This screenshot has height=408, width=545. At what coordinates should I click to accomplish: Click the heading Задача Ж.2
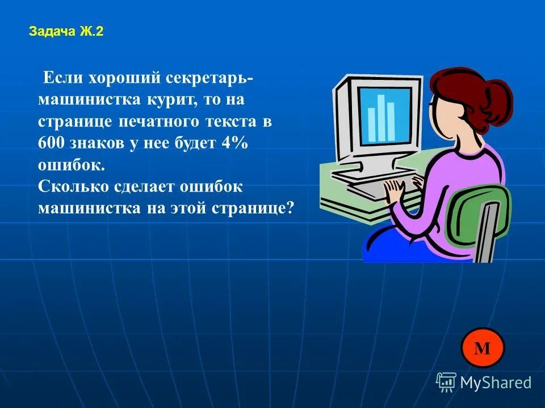pos(66,32)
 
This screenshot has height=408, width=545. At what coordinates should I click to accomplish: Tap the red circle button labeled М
pos(482,348)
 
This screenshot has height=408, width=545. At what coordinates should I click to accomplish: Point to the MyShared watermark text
pos(495,382)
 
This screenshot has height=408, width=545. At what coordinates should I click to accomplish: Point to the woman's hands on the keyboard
pos(397,190)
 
